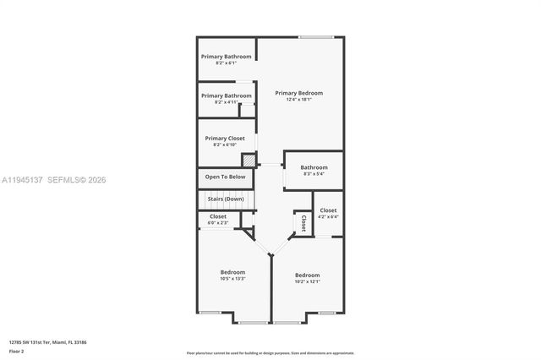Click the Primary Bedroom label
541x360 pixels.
298,93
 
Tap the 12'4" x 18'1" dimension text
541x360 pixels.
298,100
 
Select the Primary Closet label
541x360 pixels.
226,138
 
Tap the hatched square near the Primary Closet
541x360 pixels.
249,160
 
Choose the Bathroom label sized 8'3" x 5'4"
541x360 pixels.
314,167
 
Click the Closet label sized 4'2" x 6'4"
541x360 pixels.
328,210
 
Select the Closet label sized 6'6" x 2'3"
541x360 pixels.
218,216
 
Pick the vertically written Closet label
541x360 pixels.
303,223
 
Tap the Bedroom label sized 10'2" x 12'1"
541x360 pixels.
307,275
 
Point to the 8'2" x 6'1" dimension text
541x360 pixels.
226,63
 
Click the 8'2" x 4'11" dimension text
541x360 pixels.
226,102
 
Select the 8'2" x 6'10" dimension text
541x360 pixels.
226,145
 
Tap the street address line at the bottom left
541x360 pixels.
47,342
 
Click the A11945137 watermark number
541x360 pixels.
22,179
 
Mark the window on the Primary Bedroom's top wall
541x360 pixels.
315,37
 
